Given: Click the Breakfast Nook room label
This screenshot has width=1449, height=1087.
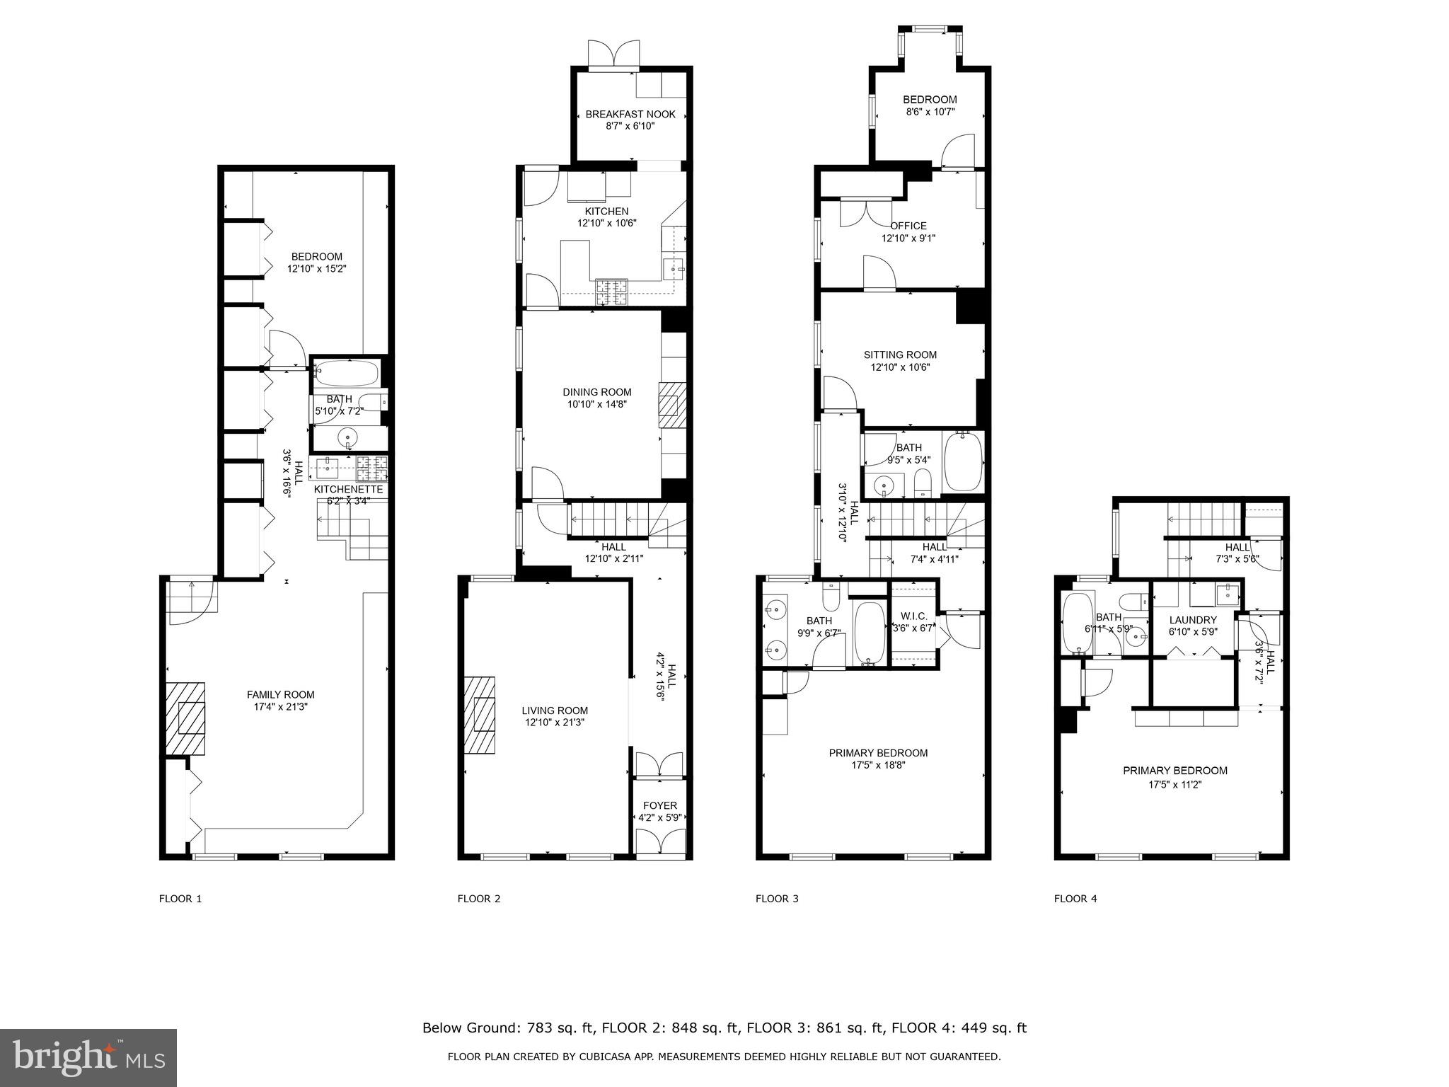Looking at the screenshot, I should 630,114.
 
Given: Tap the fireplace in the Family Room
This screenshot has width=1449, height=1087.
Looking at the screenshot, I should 186,720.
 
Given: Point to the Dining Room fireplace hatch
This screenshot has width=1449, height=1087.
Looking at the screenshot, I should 672,405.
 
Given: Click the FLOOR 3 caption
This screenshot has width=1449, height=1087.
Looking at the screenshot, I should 777,899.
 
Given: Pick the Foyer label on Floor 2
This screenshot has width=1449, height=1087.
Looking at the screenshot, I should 659,805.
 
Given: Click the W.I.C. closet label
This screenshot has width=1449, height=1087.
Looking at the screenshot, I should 913,616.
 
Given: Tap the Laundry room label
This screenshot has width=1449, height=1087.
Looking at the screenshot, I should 1193,620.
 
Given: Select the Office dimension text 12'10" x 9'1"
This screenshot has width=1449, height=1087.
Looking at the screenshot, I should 908,238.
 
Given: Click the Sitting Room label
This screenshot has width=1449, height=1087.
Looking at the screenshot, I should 900,355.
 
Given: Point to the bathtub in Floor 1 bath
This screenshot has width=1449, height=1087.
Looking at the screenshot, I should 347,372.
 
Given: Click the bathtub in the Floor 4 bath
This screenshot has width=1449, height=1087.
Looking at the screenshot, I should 1078,623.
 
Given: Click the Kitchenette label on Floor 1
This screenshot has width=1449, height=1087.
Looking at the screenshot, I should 348,489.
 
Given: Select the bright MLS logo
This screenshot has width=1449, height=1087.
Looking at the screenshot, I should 88,1058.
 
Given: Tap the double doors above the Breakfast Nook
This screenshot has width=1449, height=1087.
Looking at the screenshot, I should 614,54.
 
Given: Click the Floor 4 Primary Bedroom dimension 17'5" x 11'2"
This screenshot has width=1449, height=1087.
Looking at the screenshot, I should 1174,784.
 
